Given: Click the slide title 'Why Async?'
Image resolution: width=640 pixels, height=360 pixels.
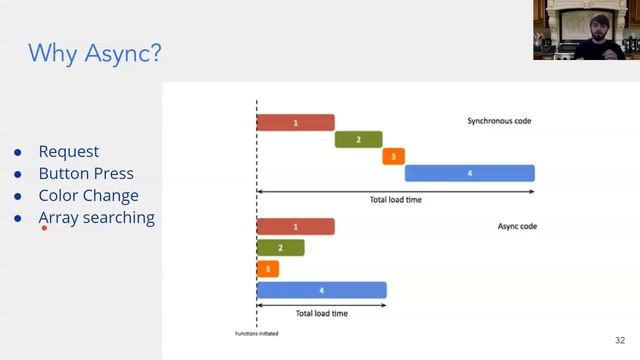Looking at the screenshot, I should (x=94, y=53).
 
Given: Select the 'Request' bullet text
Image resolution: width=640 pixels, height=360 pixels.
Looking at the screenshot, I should (x=69, y=151).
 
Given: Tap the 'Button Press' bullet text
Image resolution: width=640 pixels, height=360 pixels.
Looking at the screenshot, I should (x=86, y=173).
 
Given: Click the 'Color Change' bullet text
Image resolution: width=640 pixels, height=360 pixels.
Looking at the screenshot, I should (x=88, y=195).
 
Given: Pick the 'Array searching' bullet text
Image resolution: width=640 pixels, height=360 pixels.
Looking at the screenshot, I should (x=96, y=217).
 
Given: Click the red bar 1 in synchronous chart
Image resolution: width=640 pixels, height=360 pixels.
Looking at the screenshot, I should (x=295, y=122).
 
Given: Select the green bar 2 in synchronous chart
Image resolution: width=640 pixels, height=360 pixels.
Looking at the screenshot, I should (x=358, y=139).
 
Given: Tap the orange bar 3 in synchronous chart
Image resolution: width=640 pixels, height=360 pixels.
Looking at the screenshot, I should (x=393, y=156).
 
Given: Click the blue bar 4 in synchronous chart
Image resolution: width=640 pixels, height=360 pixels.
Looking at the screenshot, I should (x=469, y=173).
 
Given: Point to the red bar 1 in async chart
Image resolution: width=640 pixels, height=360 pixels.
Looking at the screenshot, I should (x=295, y=227).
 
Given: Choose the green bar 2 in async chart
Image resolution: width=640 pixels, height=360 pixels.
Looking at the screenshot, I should (x=280, y=247).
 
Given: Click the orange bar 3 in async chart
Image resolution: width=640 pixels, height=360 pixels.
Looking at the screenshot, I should (x=267, y=269).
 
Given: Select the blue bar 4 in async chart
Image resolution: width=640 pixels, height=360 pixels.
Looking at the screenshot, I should (x=321, y=290).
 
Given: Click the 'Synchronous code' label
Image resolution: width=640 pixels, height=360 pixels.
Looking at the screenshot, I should (x=499, y=121).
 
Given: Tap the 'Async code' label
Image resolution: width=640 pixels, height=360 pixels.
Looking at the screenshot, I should (x=517, y=226).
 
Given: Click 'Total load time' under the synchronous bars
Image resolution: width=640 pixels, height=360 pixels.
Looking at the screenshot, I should (x=397, y=199).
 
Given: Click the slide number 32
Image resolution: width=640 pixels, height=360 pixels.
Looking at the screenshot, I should (x=619, y=340).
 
